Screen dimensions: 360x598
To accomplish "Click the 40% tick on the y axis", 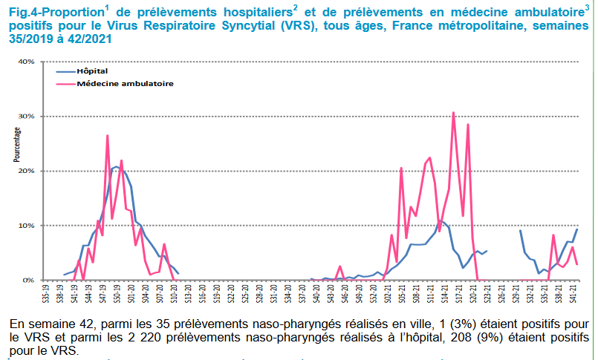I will coord(46,62).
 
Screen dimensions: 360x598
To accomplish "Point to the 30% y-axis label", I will coord(46,117).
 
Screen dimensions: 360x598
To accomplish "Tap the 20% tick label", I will coord(46,171).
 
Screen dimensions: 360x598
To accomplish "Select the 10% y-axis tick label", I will coord(46,226).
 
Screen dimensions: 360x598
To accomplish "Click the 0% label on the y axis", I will coord(48,280).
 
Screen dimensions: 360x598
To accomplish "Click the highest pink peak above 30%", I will coord(453,113).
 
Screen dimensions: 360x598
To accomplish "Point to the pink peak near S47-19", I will coord(108,136).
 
